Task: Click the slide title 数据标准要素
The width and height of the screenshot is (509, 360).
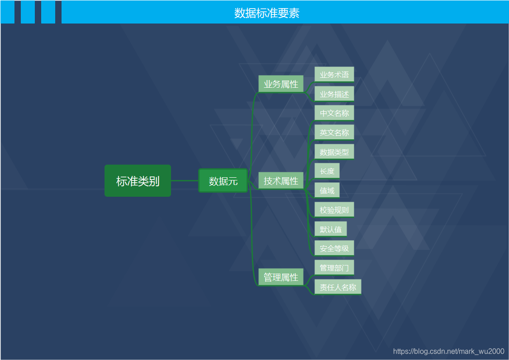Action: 266,13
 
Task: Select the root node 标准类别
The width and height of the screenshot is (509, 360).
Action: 138,181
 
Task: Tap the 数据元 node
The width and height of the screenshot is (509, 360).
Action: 223,181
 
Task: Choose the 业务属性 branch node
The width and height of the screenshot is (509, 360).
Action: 281,84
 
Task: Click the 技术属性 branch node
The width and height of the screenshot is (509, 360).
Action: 281,181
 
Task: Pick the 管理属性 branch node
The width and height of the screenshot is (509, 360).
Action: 281,277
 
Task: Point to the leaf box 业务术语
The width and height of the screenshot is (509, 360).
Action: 334,75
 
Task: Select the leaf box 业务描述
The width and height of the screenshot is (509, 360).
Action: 334,94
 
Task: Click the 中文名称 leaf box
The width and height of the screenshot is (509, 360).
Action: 334,113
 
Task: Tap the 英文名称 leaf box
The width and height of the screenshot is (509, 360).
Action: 334,133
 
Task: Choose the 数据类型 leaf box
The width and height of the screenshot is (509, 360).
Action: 334,152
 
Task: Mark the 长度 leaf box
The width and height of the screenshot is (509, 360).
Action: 327,171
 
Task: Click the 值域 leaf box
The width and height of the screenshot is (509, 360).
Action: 327,190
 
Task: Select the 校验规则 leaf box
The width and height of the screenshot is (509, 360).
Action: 334,210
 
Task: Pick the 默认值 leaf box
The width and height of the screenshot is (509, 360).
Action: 331,229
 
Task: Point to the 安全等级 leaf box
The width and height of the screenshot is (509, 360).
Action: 334,248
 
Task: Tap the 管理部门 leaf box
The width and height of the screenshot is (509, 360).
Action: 334,268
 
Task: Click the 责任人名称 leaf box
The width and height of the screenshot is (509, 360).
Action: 338,287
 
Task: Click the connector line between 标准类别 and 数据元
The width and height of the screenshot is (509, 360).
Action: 185,180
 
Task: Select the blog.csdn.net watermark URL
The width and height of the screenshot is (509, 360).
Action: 448,351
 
